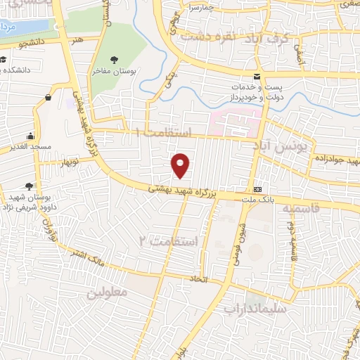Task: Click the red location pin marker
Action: [181, 165]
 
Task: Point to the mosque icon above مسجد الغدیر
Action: [30, 136]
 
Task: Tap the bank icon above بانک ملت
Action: [257, 189]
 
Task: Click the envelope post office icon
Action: [257, 75]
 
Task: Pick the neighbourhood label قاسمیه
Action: [301, 209]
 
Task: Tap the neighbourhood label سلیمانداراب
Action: [256, 307]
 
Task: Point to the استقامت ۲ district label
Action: [168, 241]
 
